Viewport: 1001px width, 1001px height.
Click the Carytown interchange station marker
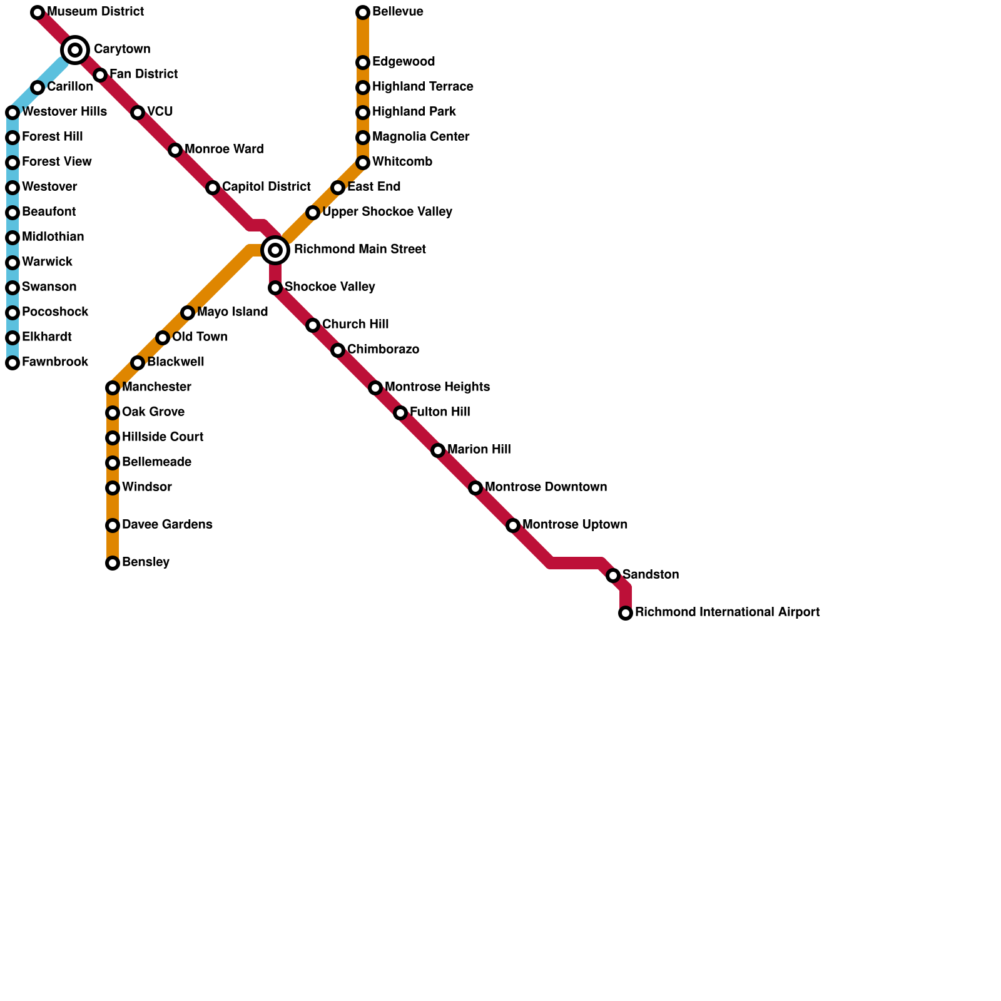pos(75,49)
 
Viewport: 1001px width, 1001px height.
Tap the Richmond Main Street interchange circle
pos(275,250)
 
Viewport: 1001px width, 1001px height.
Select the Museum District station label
pos(95,12)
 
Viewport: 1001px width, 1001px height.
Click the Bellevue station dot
pos(363,13)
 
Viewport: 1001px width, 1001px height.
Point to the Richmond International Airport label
pos(727,612)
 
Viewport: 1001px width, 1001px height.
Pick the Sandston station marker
pos(613,576)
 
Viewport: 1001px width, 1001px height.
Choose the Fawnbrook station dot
pos(13,363)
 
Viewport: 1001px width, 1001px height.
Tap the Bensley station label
pos(146,562)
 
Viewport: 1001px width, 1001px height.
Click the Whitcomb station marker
pos(363,163)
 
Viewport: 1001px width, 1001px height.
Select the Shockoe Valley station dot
pos(275,288)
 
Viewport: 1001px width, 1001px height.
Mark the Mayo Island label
pos(232,312)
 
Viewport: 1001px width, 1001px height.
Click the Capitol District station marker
pos(213,188)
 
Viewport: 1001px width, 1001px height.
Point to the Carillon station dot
pos(38,88)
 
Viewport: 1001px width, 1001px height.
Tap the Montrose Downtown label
pos(546,487)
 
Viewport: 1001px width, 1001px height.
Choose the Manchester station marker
pos(113,388)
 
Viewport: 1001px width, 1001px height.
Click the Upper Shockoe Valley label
pos(387,212)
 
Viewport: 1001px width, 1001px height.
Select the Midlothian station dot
pos(13,238)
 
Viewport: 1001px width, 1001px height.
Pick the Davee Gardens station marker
pos(113,526)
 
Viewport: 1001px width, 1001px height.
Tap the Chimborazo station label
pos(383,350)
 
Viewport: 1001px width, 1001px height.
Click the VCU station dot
pos(138,113)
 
